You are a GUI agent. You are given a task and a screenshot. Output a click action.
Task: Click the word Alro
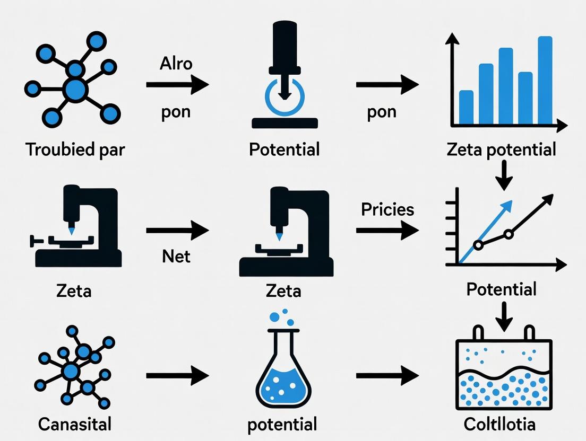(x=176, y=64)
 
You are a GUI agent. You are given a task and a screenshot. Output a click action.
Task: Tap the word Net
(x=176, y=257)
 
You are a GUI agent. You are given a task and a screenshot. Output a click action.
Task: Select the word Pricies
(x=387, y=210)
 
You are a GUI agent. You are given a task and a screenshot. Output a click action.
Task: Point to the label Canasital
(x=75, y=424)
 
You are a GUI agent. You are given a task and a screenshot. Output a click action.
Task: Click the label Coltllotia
(x=499, y=424)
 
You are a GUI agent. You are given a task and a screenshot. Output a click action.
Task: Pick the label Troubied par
(x=75, y=149)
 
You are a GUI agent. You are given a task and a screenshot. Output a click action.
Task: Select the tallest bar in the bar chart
(x=545, y=80)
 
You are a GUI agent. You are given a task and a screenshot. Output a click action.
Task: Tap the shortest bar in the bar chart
(x=466, y=107)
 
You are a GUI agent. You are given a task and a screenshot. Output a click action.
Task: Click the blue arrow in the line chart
(x=485, y=232)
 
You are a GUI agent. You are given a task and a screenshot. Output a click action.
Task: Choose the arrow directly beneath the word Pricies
(x=387, y=230)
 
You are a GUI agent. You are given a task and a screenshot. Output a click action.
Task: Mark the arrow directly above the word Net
(x=177, y=230)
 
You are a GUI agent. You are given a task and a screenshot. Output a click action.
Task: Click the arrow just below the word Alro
(x=177, y=85)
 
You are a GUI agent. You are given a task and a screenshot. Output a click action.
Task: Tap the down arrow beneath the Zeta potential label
(x=504, y=175)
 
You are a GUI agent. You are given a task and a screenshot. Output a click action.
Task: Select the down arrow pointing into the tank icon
(x=504, y=316)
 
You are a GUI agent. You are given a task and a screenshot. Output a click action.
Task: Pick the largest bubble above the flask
(x=274, y=317)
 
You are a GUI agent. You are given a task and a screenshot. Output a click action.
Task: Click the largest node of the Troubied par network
(x=75, y=90)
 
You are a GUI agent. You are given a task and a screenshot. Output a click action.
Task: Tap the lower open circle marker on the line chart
(x=478, y=245)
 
